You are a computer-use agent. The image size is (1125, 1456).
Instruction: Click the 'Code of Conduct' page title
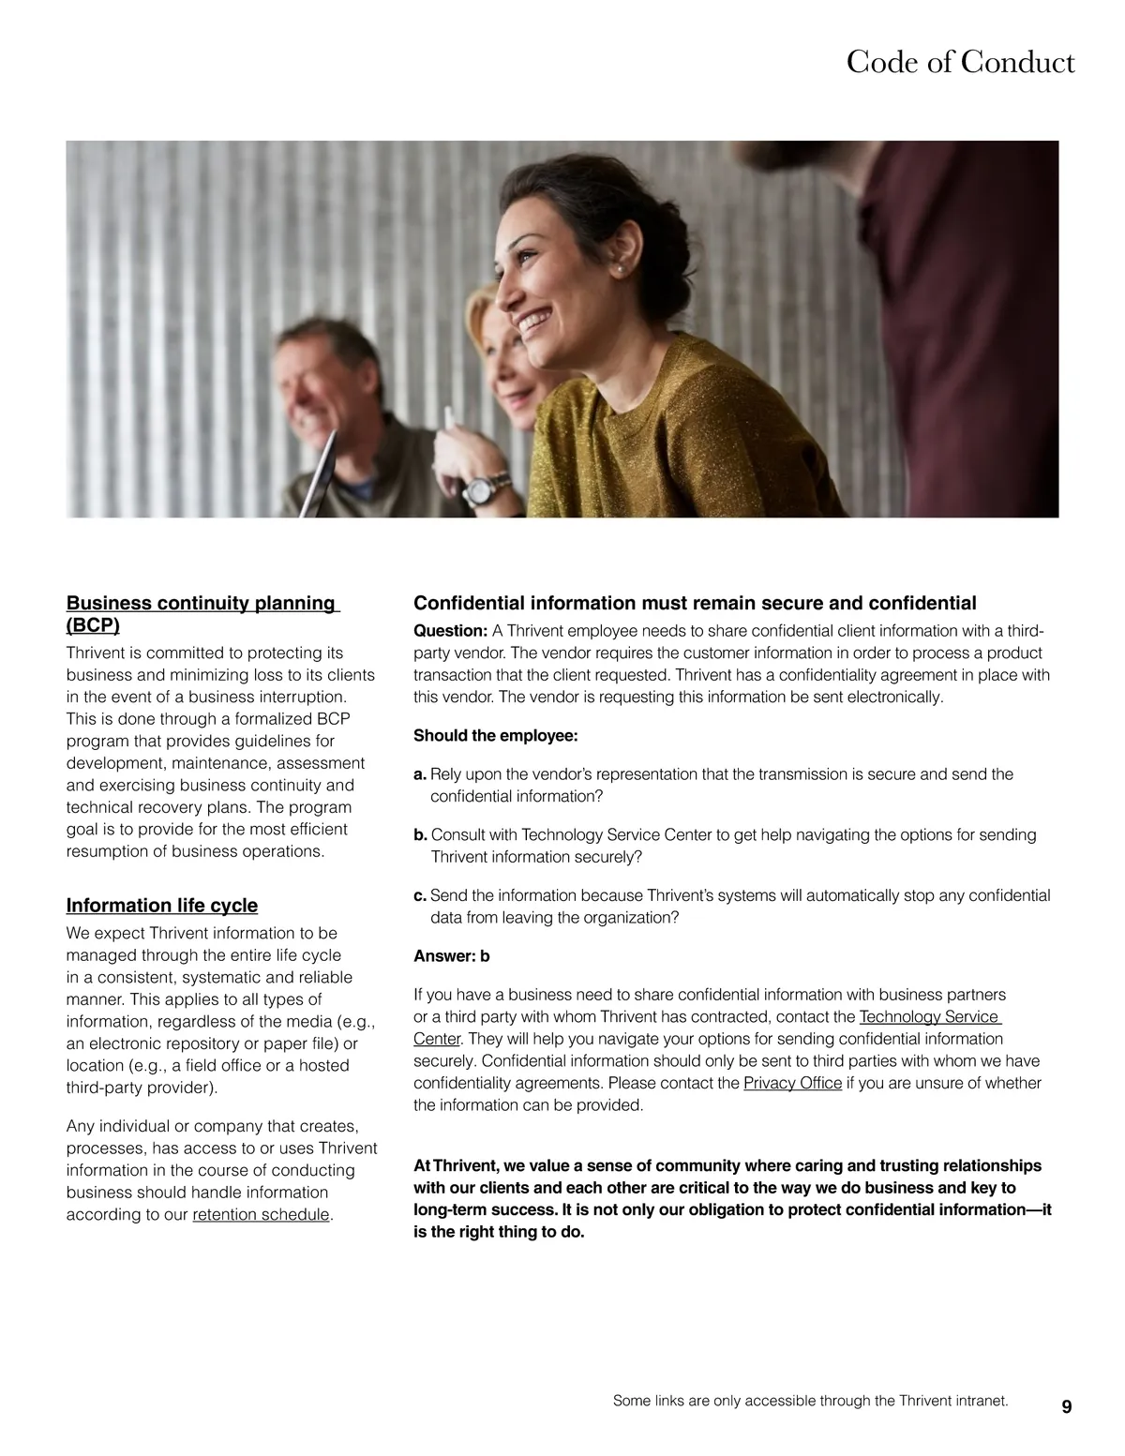[960, 62]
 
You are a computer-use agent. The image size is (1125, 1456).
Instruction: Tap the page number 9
[1067, 1407]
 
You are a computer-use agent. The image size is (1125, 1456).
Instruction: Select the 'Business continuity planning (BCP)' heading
[202, 613]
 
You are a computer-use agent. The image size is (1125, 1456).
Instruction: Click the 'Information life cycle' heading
[161, 906]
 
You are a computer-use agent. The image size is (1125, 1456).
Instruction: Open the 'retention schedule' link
[261, 1215]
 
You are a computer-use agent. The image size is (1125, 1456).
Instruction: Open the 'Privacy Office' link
[792, 1084]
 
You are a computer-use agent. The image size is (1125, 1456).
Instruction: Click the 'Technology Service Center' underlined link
[928, 1017]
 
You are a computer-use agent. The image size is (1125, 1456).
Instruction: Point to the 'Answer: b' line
[452, 956]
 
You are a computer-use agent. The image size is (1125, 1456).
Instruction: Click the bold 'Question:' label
[450, 631]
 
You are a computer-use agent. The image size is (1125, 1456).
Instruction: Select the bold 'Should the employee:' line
[496, 736]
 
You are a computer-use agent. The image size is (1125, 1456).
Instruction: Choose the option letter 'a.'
[420, 774]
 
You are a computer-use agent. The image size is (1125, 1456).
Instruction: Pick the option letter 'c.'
[420, 895]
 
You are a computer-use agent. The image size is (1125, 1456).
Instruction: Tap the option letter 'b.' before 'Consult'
[420, 834]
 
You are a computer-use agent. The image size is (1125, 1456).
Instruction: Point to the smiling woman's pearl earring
[619, 269]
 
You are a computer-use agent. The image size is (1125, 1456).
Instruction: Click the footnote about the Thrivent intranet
[810, 1401]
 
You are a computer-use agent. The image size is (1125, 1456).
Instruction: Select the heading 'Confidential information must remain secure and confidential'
[695, 603]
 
